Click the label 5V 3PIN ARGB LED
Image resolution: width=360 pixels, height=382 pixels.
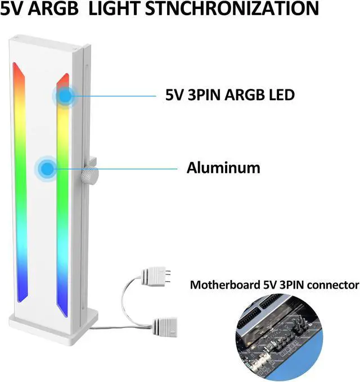click(229, 95)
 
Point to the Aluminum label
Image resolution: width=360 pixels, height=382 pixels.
click(223, 168)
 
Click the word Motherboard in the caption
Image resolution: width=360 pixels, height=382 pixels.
click(224, 285)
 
